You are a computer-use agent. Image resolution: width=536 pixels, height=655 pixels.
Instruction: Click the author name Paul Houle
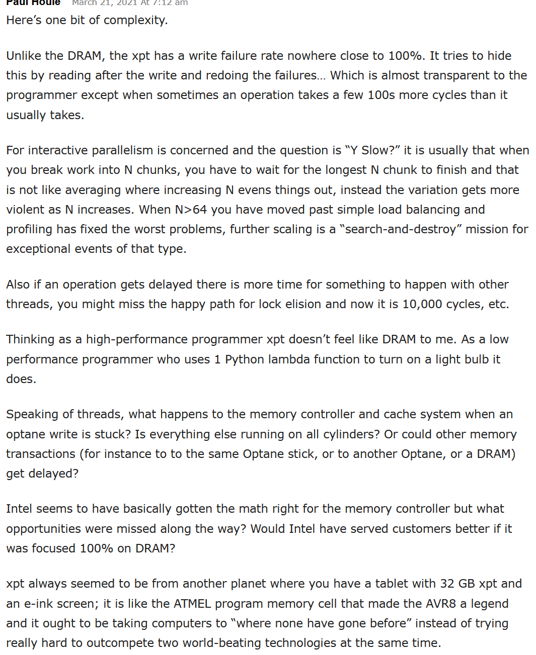coord(33,3)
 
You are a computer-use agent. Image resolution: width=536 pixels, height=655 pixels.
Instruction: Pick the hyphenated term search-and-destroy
coord(400,229)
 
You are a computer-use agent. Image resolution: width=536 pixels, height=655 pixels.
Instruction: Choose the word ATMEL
coord(193,604)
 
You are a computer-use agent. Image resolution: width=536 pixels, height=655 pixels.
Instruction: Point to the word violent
coord(25,210)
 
